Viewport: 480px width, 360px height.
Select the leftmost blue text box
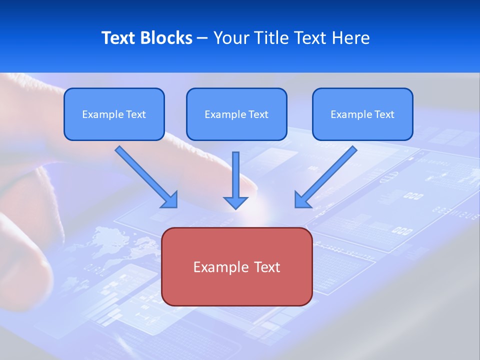114,114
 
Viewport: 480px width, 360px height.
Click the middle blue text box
236,114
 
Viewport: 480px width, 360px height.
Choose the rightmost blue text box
362,114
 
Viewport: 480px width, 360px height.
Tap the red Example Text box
236,266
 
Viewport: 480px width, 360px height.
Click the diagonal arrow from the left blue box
146,176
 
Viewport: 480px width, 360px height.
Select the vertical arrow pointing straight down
235,180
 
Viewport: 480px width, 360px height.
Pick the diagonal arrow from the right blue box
325,176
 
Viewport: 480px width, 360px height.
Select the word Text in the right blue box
384,114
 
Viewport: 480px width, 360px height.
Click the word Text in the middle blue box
258,114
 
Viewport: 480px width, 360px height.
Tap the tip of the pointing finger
252,190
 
